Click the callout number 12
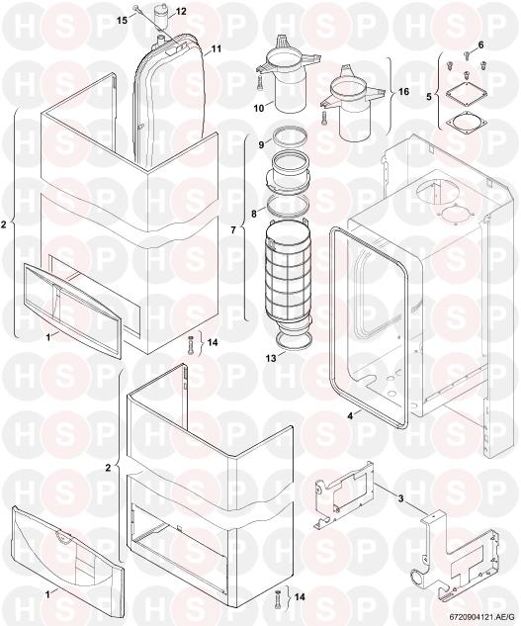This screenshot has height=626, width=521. [181, 11]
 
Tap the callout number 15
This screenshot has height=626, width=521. [123, 20]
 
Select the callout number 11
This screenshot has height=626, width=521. [217, 48]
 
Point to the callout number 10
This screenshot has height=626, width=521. [259, 108]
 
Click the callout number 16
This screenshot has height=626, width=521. [403, 92]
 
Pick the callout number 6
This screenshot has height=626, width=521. [480, 45]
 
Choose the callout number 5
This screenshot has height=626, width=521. [429, 97]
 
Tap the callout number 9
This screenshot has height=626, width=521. [261, 145]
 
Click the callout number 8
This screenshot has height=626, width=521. [253, 214]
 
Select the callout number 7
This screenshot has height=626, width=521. [233, 230]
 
